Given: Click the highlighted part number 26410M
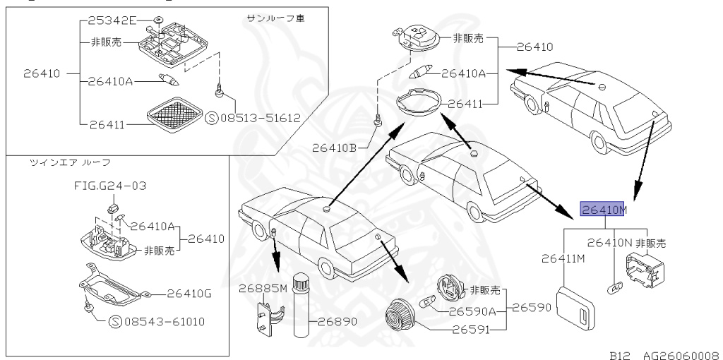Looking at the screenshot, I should pos(603,209).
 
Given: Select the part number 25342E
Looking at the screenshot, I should pos(113,19).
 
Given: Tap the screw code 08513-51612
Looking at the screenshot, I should pos(258,118).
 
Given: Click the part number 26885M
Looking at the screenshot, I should pos(262,287).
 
